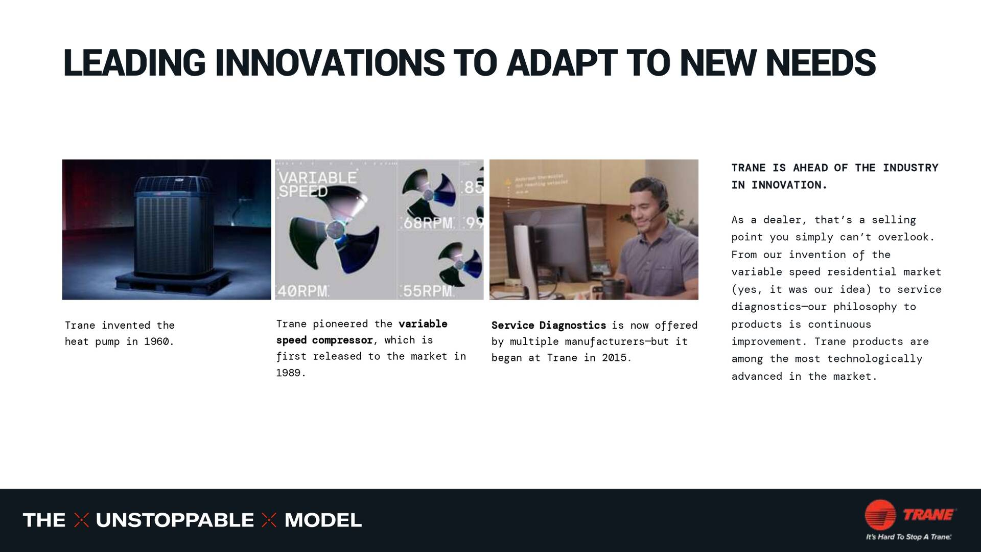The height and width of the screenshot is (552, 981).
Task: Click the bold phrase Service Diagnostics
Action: coord(548,326)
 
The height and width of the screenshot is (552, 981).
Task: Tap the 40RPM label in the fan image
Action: coord(302,291)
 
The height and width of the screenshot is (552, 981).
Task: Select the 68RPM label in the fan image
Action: coord(428,223)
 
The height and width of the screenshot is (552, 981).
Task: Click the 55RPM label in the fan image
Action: coord(428,291)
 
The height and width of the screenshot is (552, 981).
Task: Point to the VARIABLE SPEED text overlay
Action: coord(317,185)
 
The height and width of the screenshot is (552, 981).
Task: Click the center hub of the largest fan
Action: coord(335,229)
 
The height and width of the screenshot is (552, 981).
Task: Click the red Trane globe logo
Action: coord(880,515)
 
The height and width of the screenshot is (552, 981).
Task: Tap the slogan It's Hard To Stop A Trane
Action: coord(908,537)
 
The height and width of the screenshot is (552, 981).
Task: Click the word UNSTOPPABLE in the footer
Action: coord(174,520)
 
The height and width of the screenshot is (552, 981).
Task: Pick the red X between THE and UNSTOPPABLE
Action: coord(81,520)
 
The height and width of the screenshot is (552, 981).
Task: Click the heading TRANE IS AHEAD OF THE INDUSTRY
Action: coord(834,168)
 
